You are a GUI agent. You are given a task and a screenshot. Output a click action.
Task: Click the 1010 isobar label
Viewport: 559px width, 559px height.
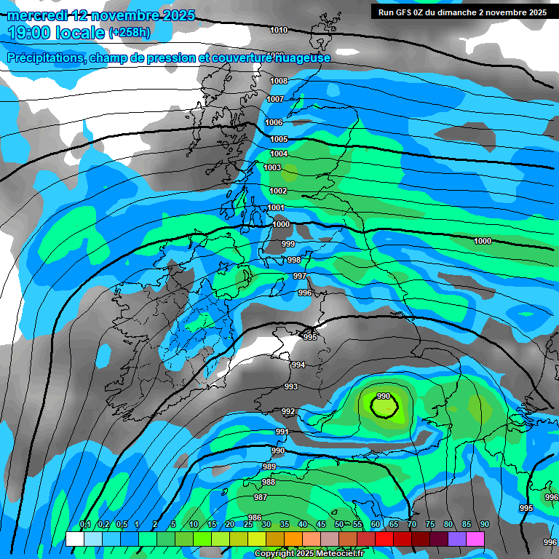pos(278,30)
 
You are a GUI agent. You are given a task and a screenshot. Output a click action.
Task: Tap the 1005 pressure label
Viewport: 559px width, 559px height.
pos(279,139)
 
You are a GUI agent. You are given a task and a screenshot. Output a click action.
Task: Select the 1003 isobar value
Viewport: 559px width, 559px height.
pos(272,167)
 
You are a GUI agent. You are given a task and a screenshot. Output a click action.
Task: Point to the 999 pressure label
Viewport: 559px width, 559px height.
pos(288,244)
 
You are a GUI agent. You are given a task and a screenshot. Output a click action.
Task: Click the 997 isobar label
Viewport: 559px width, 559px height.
pos(300,277)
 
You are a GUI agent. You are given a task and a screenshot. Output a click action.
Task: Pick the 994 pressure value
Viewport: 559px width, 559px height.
pos(298,365)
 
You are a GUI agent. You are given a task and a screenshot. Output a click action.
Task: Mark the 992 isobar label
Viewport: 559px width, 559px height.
pos(288,411)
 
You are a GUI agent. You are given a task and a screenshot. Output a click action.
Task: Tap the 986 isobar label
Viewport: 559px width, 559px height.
pos(255,518)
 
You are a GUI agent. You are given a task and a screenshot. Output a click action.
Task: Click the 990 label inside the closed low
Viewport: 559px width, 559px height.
pos(384,397)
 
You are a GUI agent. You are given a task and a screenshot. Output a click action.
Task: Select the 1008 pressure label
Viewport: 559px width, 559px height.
pos(279,81)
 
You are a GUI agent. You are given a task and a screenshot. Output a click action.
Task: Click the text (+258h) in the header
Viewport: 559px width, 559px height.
pos(130,33)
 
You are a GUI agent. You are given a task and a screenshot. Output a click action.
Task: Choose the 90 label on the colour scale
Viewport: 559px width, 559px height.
pos(484,525)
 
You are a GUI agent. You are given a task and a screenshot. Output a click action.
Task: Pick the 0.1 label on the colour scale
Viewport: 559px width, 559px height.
pos(84,525)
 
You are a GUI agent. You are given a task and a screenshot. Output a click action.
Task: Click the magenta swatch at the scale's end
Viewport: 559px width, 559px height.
pos(475,539)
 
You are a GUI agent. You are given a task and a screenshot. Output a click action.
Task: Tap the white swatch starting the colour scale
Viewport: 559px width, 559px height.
pos(74,539)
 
